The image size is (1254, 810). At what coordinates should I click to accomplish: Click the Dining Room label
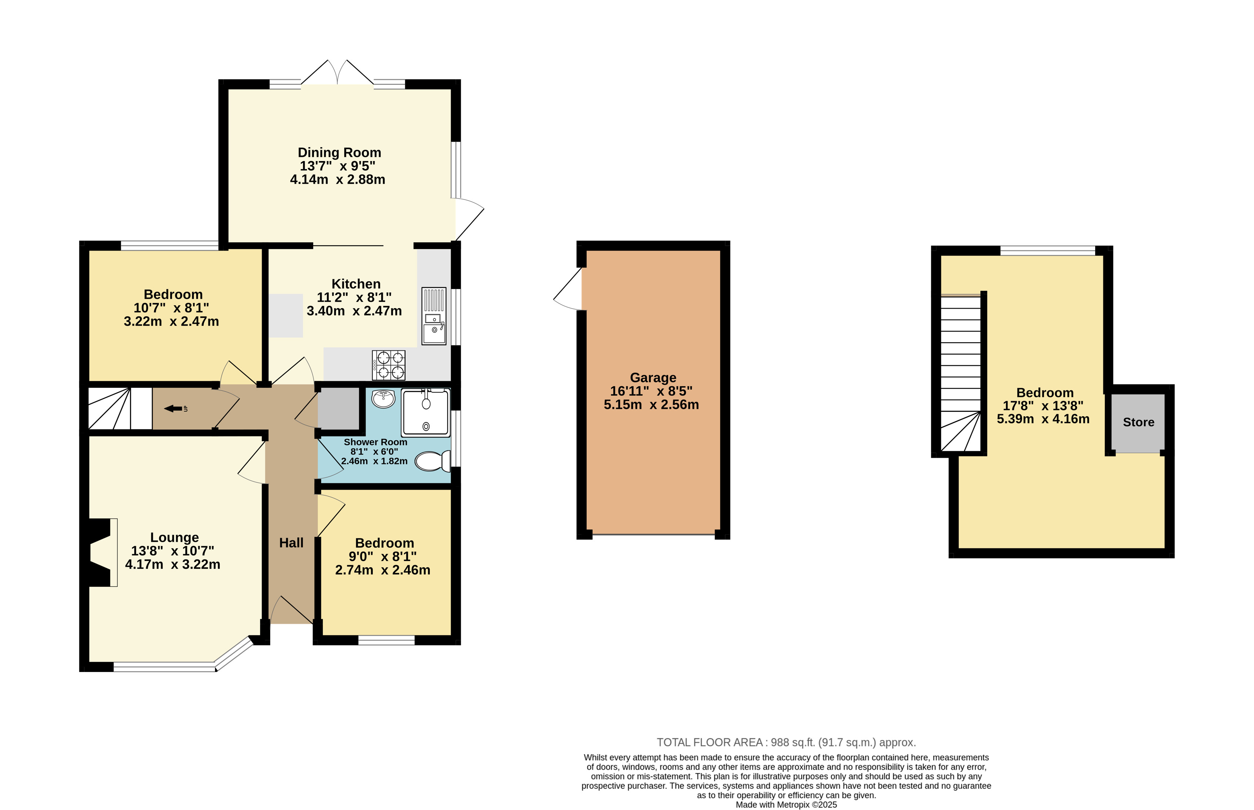(x=339, y=152)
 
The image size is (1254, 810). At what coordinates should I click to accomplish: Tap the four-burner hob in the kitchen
(x=389, y=365)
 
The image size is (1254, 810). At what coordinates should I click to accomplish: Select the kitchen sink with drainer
(x=434, y=316)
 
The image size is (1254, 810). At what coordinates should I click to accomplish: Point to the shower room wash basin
(x=383, y=399)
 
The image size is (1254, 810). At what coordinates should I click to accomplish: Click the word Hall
(x=291, y=543)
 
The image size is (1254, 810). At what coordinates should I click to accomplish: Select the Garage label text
(x=653, y=378)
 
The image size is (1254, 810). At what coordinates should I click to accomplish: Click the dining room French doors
(x=337, y=72)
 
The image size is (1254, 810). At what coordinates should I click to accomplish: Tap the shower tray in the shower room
(x=426, y=413)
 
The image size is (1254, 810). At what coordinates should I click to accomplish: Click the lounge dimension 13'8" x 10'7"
(x=172, y=551)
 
